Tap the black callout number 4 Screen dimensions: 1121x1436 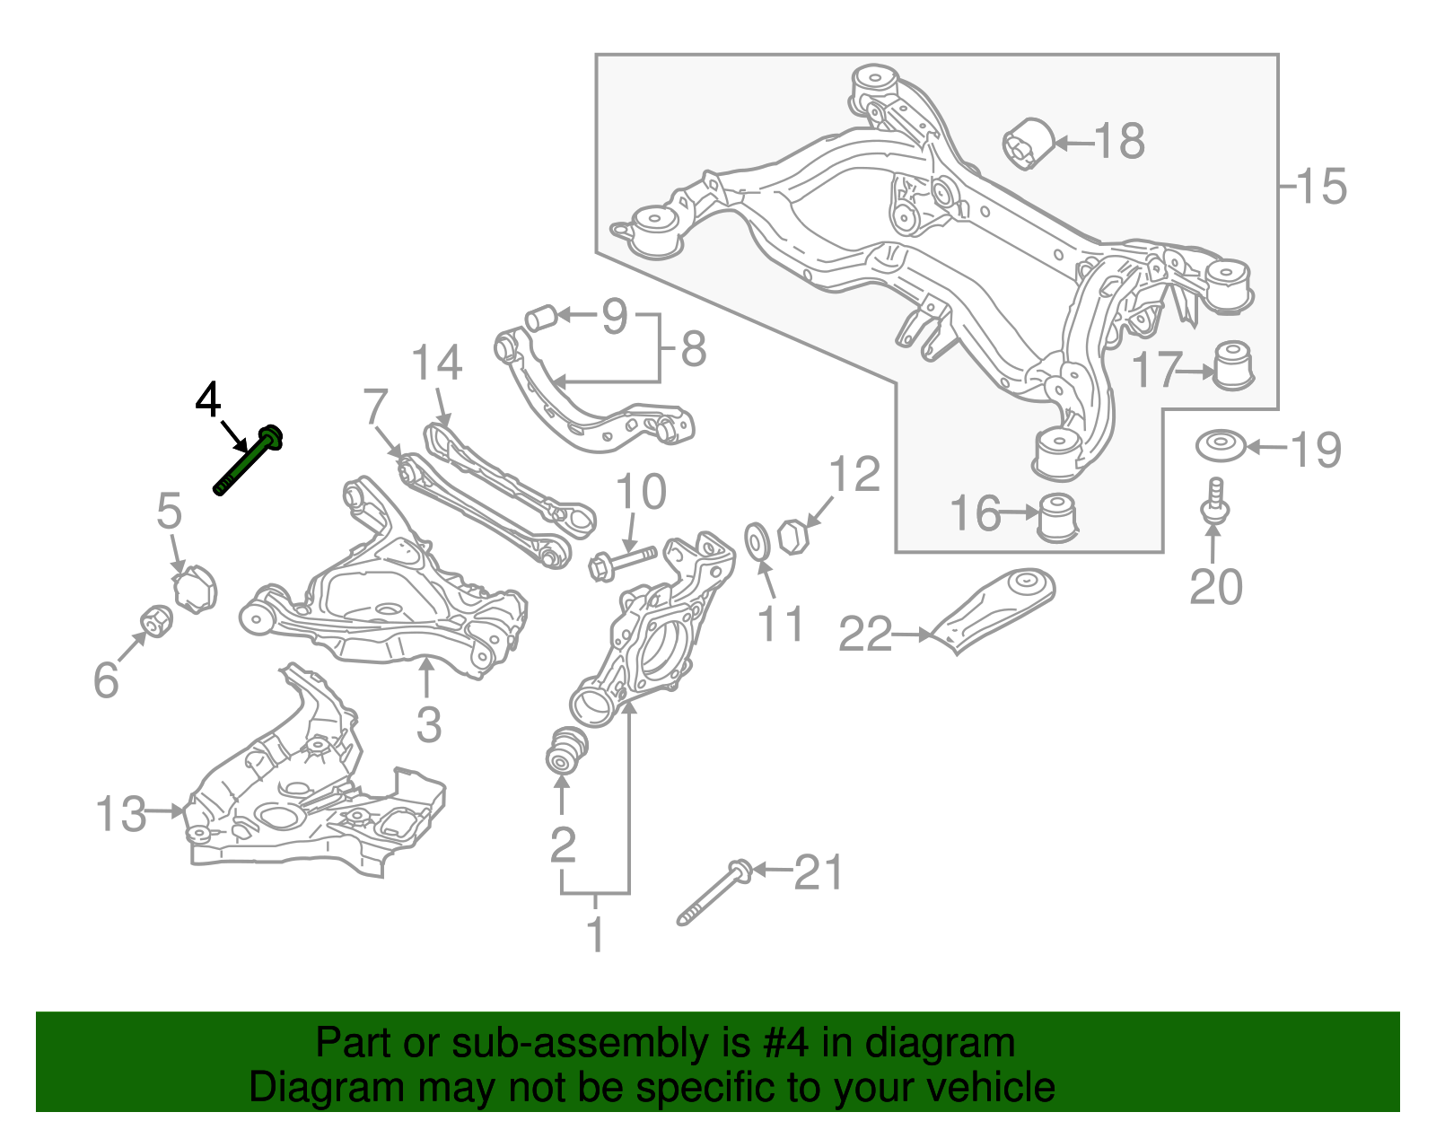click(x=208, y=400)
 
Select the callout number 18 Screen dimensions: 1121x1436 click(x=1120, y=141)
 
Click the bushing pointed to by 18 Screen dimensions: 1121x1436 click(x=1027, y=142)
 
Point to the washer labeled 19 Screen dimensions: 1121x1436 click(x=1220, y=446)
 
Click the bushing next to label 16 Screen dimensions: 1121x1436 click(x=1057, y=518)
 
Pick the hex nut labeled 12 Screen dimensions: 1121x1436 click(x=793, y=537)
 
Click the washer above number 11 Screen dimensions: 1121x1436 click(x=757, y=541)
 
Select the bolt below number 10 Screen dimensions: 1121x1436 click(x=622, y=564)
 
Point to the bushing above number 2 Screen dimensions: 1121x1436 click(x=566, y=749)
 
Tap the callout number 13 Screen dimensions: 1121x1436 click(x=120, y=813)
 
